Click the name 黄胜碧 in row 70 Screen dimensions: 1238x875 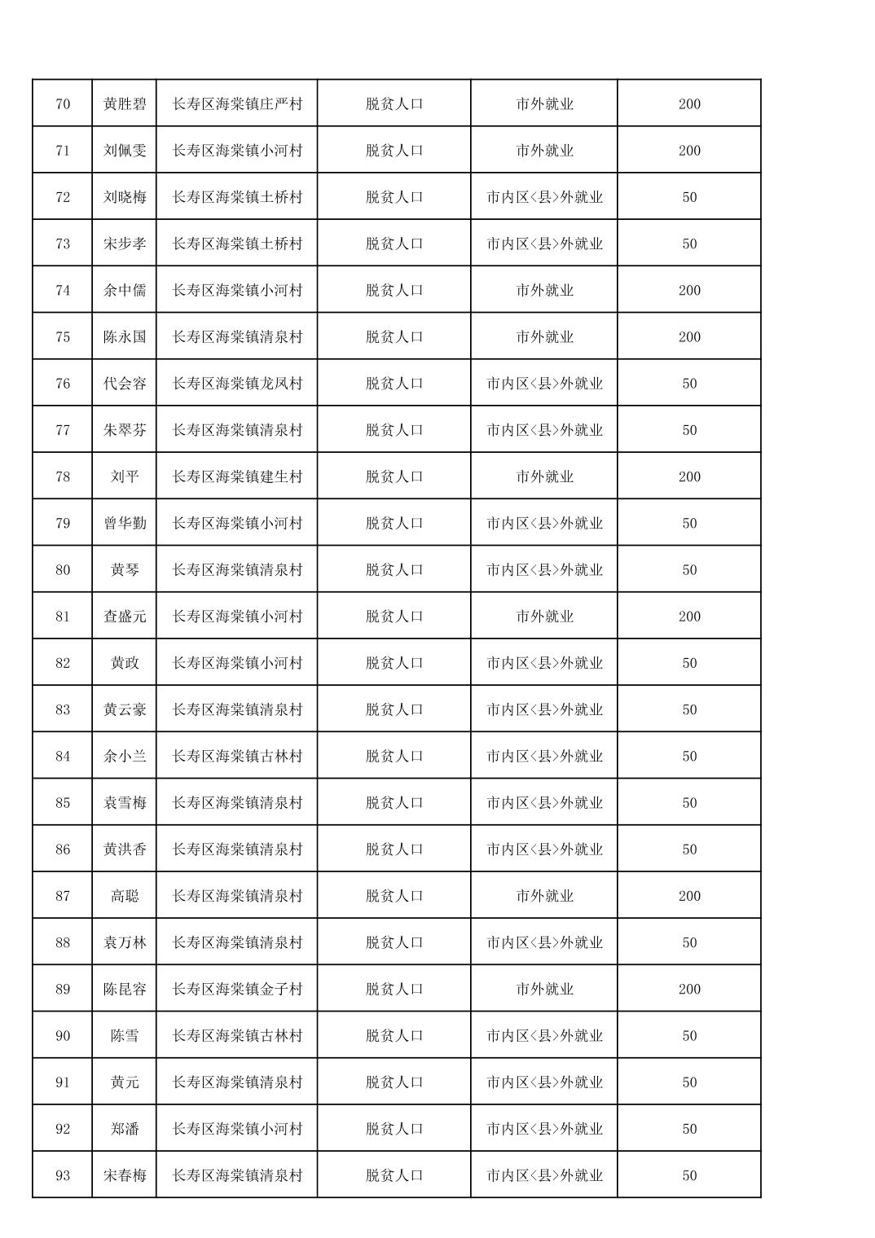point(125,104)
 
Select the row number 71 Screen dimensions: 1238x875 point(63,151)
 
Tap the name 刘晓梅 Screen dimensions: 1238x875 point(125,197)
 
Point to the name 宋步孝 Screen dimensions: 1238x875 point(125,244)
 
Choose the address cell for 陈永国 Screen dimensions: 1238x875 point(237,337)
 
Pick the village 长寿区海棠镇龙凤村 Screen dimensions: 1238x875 point(237,384)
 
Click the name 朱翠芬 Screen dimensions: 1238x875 point(125,430)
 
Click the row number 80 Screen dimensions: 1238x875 point(63,570)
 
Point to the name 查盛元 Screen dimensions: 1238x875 point(125,617)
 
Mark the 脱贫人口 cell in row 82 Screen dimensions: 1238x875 point(394,663)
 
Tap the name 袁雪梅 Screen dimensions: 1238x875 point(125,803)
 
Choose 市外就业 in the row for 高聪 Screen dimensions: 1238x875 point(544,896)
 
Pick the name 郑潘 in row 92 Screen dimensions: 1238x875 point(125,1129)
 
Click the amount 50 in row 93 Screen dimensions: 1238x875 point(689,1175)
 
